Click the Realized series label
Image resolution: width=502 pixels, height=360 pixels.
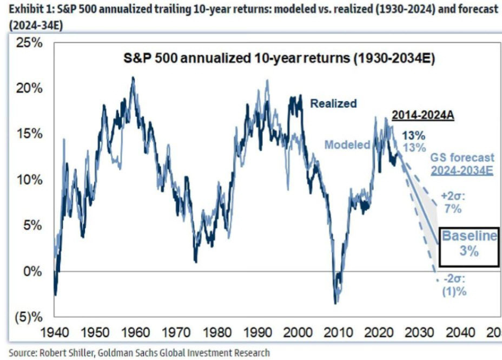(333, 103)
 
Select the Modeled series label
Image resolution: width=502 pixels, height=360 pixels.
(347, 145)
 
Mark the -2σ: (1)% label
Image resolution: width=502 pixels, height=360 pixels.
(453, 285)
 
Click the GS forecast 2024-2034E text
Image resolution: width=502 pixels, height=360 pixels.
(462, 163)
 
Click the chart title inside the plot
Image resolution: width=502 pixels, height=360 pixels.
(276, 59)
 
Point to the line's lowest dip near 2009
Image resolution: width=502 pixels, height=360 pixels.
(335, 303)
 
